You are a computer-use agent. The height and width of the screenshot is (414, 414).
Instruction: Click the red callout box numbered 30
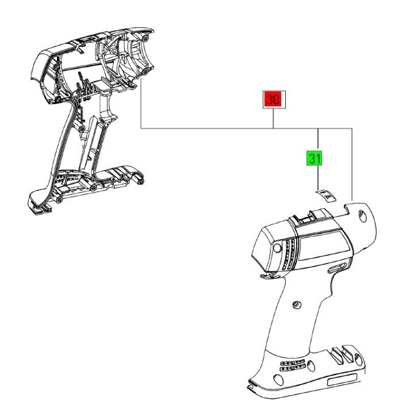click(x=273, y=99)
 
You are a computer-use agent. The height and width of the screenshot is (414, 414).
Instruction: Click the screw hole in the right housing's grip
click(x=297, y=304)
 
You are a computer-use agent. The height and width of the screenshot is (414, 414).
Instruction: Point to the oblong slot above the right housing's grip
click(x=336, y=269)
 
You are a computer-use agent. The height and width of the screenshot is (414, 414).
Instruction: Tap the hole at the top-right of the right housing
click(x=361, y=215)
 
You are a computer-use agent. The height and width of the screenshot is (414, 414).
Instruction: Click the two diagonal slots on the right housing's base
click(x=343, y=352)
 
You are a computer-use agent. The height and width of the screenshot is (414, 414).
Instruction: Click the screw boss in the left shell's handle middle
click(x=83, y=126)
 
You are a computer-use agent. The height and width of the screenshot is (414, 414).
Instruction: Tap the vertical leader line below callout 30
click(x=273, y=118)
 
